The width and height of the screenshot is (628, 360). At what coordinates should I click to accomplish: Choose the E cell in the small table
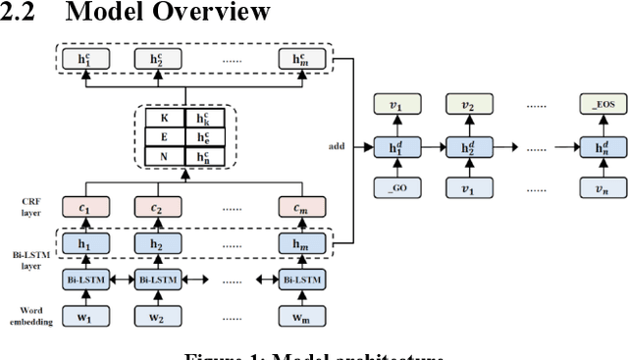(163, 136)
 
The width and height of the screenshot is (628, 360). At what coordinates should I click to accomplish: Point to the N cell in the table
(163, 156)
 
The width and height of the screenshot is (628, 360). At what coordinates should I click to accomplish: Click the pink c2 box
(157, 207)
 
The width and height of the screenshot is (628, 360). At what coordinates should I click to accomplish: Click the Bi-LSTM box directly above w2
(157, 280)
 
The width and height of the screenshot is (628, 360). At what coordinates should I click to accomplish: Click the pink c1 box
(84, 207)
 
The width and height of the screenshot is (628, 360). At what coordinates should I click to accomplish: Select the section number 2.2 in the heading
(19, 14)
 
